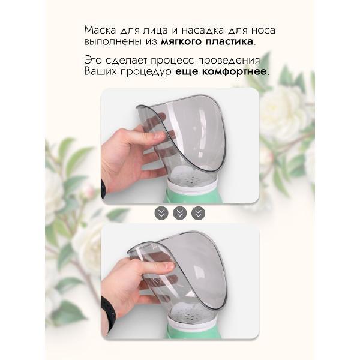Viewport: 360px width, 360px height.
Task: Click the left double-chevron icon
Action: pyautogui.click(x=161, y=213)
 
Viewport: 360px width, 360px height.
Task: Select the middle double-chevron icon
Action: pyautogui.click(x=180, y=213)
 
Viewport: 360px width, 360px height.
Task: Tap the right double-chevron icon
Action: pyautogui.click(x=198, y=213)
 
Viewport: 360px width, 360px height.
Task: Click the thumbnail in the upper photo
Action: pyautogui.click(x=160, y=135)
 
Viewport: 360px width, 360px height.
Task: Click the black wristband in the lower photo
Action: pyautogui.click(x=108, y=313)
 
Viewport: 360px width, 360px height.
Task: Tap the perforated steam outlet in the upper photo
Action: pyautogui.click(x=192, y=177)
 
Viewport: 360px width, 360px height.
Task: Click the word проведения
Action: pyautogui.click(x=229, y=61)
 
